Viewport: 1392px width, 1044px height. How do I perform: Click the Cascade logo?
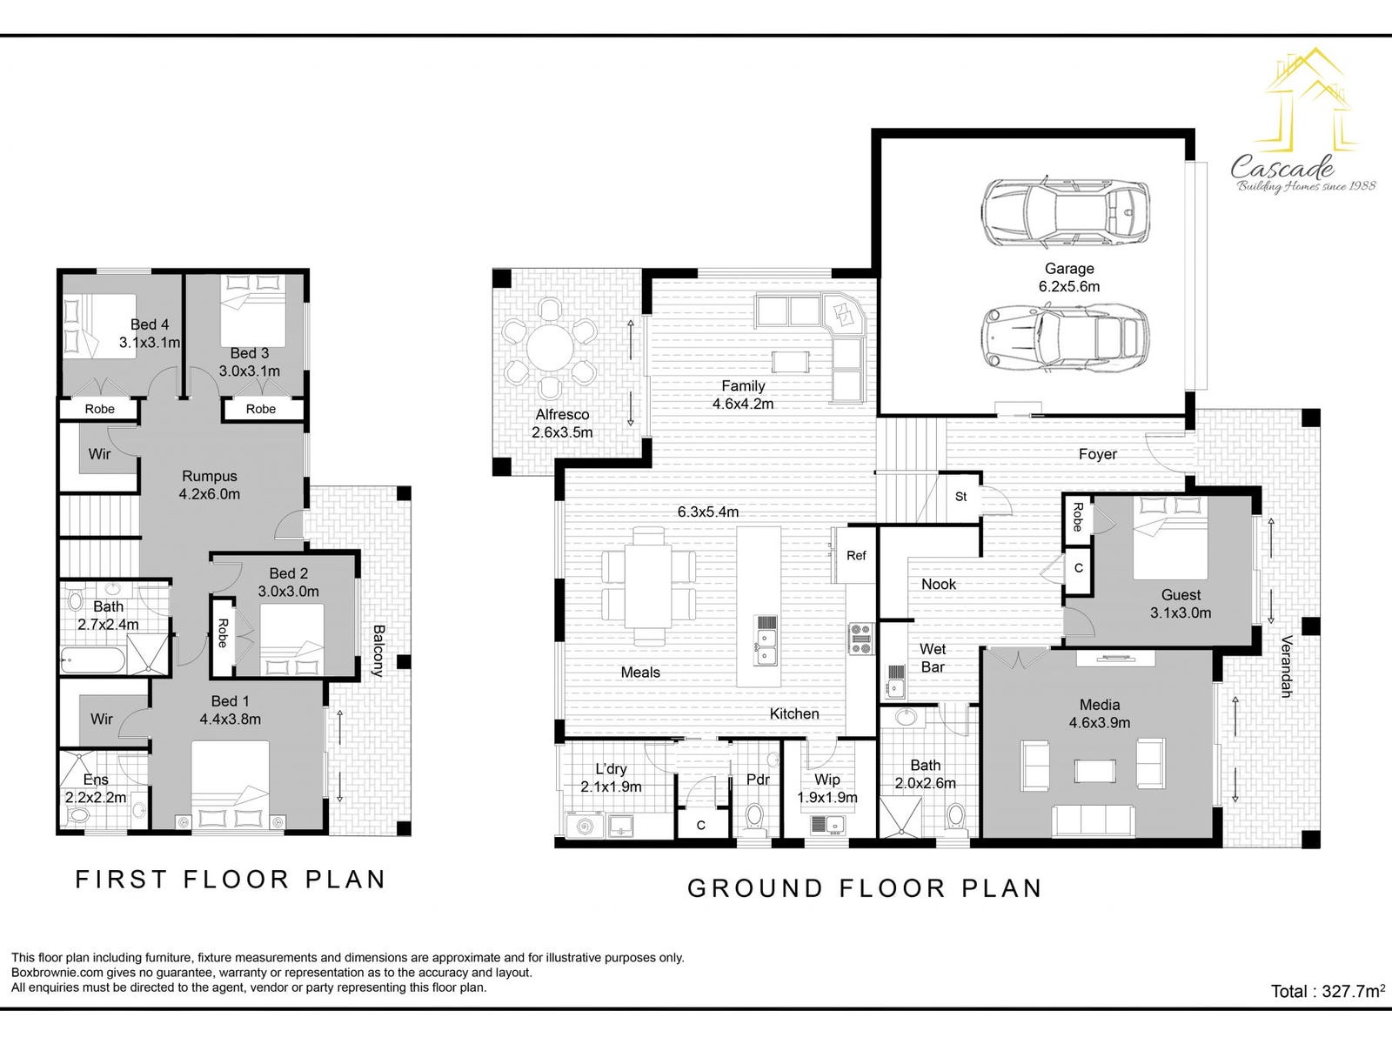(x=1300, y=120)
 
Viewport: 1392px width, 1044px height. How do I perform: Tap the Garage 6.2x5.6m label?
(x=1069, y=278)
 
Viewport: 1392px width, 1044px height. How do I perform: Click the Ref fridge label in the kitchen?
(x=855, y=556)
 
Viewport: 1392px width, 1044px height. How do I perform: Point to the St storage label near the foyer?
(x=960, y=496)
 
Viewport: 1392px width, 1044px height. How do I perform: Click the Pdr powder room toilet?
(x=754, y=816)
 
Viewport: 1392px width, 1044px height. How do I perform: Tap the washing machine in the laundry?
(x=584, y=826)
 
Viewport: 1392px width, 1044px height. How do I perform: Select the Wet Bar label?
(x=933, y=658)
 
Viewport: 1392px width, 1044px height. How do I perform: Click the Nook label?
(x=938, y=584)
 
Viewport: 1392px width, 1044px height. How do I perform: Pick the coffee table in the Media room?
(x=1094, y=771)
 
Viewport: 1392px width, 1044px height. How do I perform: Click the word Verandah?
(x=1286, y=666)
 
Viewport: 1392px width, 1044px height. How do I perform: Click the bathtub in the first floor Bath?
(x=92, y=660)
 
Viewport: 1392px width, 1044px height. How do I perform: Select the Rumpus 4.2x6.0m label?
(x=210, y=485)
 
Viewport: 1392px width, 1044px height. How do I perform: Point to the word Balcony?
(x=378, y=651)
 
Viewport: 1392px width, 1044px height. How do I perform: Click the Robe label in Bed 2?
(x=222, y=633)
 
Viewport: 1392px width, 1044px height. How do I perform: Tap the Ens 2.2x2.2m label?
(x=96, y=788)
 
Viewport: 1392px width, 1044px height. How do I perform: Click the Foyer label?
(x=1098, y=454)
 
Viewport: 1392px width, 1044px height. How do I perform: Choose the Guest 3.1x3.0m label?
(x=1181, y=604)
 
